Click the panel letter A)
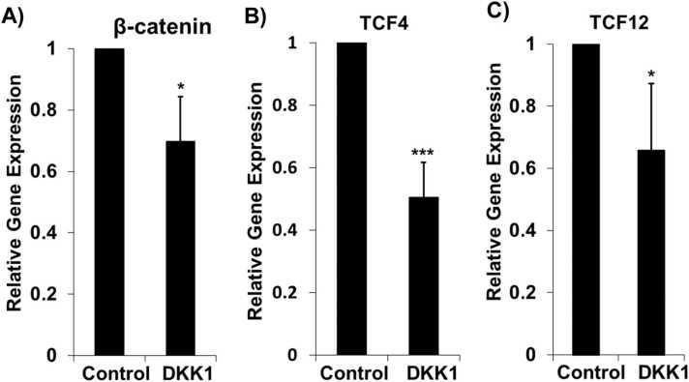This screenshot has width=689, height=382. [16, 14]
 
